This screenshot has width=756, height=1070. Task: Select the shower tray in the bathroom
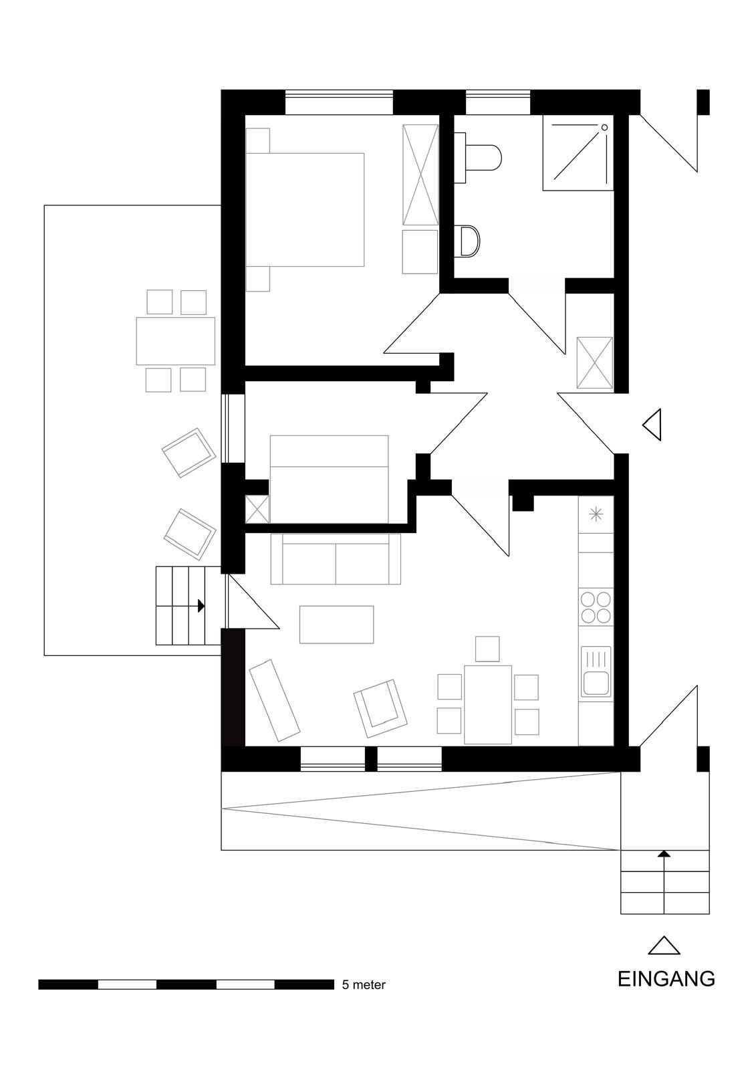(578, 152)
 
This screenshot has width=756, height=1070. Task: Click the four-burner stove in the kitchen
(596, 608)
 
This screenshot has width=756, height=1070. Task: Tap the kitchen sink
(596, 671)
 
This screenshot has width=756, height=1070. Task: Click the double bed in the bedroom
(305, 210)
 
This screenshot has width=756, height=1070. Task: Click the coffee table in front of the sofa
(337, 625)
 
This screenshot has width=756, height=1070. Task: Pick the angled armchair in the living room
(380, 708)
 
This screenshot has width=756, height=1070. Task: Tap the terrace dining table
(175, 341)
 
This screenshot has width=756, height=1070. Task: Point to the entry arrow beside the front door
(652, 425)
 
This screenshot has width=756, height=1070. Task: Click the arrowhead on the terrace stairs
(201, 606)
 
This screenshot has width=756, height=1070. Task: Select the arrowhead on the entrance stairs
(664, 853)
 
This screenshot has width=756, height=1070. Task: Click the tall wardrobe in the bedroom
(420, 175)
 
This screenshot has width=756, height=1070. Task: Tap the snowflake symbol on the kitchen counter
(596, 514)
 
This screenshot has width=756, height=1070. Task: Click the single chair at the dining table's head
(487, 649)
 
